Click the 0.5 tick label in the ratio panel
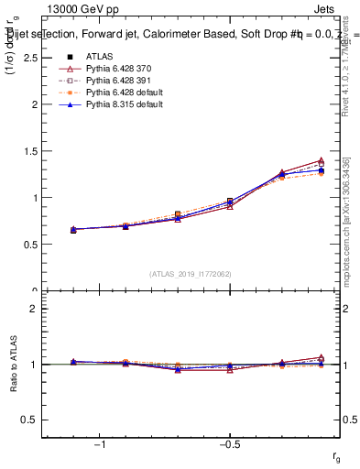pyautogui.click(x=31, y=420)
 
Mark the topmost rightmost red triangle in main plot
pyautogui.click(x=321, y=161)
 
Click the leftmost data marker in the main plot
pyautogui.click(x=73, y=229)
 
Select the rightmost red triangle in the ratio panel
pyautogui.click(x=321, y=357)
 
